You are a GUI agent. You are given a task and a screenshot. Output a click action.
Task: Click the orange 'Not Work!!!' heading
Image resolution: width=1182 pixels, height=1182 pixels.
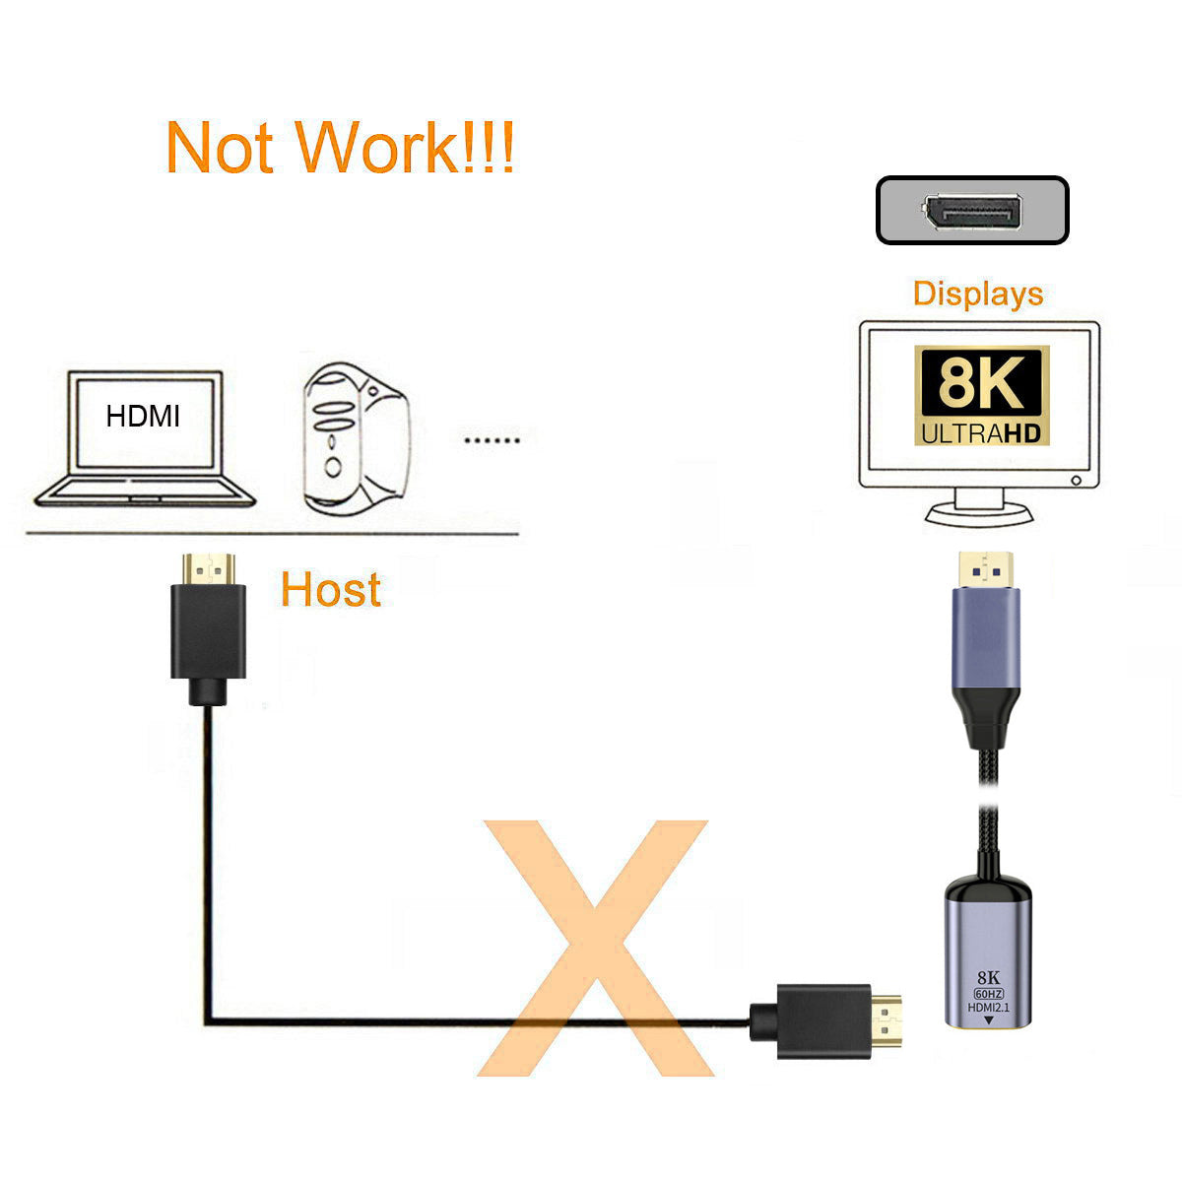click(x=340, y=146)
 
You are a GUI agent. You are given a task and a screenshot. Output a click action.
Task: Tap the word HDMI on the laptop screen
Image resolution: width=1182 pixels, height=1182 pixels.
click(x=143, y=417)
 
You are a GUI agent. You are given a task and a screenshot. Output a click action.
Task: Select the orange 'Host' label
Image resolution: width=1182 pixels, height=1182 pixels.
click(x=331, y=589)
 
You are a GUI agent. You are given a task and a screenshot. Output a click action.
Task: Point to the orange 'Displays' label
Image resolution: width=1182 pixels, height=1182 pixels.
click(x=978, y=294)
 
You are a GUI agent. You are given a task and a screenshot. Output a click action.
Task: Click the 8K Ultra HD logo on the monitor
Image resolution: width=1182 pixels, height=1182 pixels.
click(x=981, y=395)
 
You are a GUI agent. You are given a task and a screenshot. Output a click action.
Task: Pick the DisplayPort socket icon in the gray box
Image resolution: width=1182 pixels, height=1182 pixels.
click(x=972, y=213)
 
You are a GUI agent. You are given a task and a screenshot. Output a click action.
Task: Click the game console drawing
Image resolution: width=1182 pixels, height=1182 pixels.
click(x=356, y=439)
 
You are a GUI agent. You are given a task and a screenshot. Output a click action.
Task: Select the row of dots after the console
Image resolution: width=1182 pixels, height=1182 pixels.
click(x=492, y=439)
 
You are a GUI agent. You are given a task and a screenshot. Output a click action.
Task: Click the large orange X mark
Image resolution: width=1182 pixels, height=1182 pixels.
click(x=594, y=949)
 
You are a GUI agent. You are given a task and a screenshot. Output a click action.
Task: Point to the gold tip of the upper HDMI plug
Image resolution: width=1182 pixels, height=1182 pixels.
click(x=209, y=568)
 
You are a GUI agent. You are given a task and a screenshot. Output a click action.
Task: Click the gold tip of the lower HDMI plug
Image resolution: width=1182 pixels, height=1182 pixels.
click(x=886, y=1021)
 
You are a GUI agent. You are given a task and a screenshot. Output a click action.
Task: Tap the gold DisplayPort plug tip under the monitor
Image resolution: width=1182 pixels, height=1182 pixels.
click(x=986, y=569)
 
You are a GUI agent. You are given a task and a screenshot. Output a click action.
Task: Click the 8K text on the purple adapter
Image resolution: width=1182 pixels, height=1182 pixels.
click(x=988, y=978)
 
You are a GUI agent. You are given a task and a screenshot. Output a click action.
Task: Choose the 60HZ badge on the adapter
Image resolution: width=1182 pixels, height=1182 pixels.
click(x=988, y=994)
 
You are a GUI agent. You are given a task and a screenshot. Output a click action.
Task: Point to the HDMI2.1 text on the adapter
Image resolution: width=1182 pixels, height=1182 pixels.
click(x=988, y=1008)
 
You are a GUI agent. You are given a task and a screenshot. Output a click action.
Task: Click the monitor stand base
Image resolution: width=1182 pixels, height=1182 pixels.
click(x=979, y=513)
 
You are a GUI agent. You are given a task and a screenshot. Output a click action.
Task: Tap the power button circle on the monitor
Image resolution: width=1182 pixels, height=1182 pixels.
click(x=1076, y=481)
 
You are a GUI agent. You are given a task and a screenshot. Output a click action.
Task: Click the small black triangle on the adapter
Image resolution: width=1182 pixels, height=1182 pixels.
click(x=988, y=1020)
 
